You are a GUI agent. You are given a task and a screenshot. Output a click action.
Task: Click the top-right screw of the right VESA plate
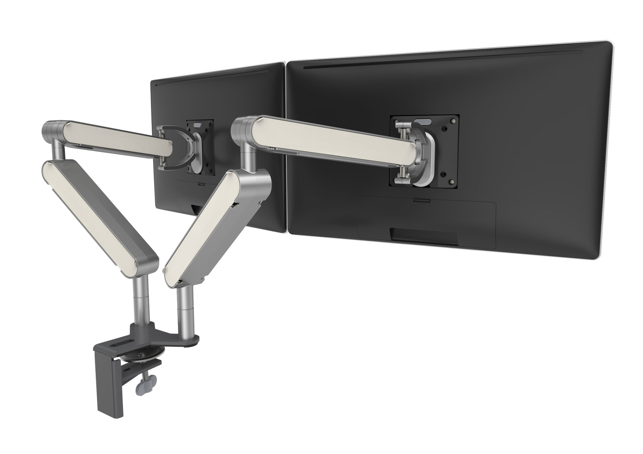click(x=453, y=121)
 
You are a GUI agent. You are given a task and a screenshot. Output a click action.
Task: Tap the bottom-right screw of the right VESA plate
click(x=453, y=181)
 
